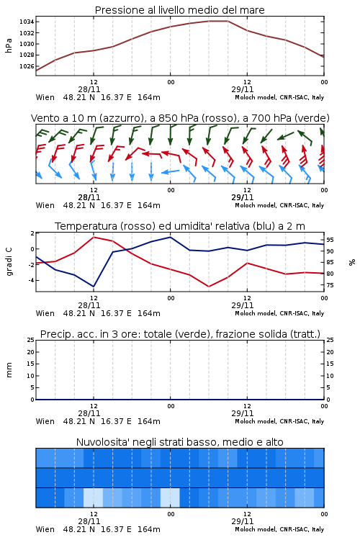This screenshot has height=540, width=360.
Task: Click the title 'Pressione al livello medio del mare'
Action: pyautogui.click(x=179, y=10)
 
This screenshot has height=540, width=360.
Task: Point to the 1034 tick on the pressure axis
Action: pyautogui.click(x=27, y=22)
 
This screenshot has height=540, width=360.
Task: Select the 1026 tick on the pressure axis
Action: pyautogui.click(x=27, y=66)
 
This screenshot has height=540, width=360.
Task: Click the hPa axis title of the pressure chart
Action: pyautogui.click(x=9, y=45)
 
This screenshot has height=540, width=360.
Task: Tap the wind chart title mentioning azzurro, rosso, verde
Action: pyautogui.click(x=180, y=118)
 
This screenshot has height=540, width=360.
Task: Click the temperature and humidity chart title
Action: pyautogui.click(x=180, y=226)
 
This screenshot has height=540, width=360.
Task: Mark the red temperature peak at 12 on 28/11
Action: pyautogui.click(x=94, y=237)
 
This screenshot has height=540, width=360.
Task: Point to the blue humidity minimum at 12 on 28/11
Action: pyautogui.click(x=94, y=287)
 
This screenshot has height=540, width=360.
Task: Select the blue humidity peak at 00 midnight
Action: pyautogui.click(x=170, y=237)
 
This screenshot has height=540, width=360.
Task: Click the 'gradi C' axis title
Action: pyautogui.click(x=9, y=261)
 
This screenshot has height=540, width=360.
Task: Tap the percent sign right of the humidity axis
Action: pyautogui.click(x=352, y=262)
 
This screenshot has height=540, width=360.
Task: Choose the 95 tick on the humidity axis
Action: pyautogui.click(x=330, y=240)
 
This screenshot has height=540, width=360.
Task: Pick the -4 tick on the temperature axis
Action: pyautogui.click(x=31, y=280)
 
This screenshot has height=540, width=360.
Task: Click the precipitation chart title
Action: pyautogui.click(x=180, y=334)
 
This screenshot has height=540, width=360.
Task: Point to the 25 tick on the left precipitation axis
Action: pyautogui.click(x=31, y=340)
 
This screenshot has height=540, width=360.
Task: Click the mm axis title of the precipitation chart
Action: pyautogui.click(x=9, y=370)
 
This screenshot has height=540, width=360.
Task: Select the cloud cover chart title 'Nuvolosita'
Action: pyautogui.click(x=180, y=442)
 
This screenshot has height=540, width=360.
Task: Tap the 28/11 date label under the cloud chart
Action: pyautogui.click(x=89, y=521)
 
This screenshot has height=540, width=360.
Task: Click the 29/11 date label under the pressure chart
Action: pyautogui.click(x=243, y=89)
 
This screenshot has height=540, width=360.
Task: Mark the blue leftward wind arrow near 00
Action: pyautogui.click(x=170, y=171)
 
